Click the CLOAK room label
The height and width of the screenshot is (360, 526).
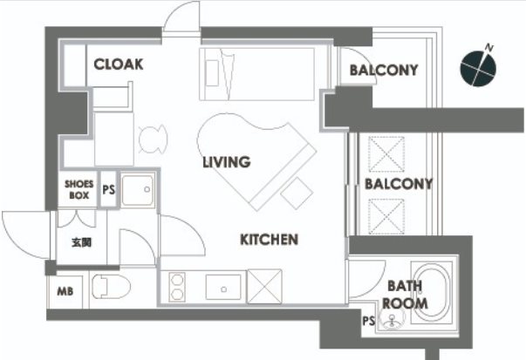point(119,64)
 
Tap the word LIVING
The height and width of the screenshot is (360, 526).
point(227,162)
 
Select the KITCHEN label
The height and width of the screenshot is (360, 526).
point(269,240)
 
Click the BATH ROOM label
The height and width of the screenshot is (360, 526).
point(406,295)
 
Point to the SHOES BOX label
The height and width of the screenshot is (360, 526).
point(79,189)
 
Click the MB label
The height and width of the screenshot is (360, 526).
point(65,291)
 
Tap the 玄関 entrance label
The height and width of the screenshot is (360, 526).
point(81,242)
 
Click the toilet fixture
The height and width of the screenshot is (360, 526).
point(111,287)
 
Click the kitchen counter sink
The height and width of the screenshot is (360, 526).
point(223,288)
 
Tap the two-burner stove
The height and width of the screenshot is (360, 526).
point(177,287)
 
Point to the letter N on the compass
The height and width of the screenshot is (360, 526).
point(489,48)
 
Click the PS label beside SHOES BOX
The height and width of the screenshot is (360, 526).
point(108,190)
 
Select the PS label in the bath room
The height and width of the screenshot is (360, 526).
point(368,321)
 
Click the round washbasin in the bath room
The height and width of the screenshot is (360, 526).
point(391,318)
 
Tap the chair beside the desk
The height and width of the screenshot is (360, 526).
point(153,139)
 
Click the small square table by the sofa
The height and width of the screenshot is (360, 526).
point(297,194)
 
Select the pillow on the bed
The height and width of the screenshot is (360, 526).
point(212,73)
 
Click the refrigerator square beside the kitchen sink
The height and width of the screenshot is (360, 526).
point(264,287)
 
